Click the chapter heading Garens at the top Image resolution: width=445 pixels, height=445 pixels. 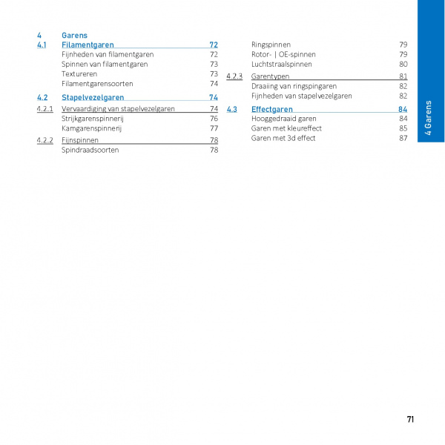[74, 35]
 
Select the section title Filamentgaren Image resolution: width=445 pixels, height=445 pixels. [88, 44]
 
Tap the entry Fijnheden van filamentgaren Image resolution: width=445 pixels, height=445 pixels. [108, 54]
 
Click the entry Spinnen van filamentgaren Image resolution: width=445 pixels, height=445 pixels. [104, 64]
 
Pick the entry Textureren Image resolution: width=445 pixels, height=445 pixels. [79, 74]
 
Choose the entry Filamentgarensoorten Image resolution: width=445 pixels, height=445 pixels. [97, 84]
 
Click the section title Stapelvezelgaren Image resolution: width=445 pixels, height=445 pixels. [93, 97]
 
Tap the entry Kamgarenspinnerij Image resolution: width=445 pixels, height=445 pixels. [91, 128]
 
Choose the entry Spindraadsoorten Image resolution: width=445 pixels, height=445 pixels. [90, 150]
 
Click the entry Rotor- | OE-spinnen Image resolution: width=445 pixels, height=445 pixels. [283, 54]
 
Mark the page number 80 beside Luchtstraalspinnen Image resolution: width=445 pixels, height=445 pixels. [403, 64]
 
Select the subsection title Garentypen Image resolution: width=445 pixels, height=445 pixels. [270, 76]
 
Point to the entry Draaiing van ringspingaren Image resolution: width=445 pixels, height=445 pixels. [294, 86]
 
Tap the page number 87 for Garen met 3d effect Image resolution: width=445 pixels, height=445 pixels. [403, 138]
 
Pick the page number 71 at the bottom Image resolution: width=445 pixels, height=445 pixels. [410, 419]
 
